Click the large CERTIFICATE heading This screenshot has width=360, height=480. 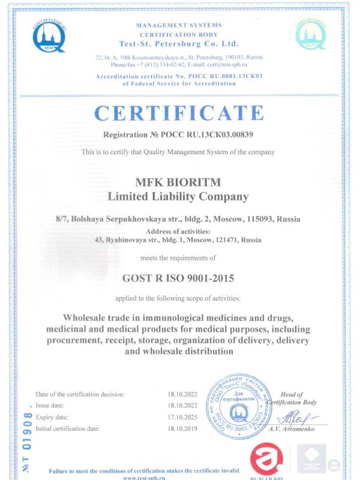[x=179, y=113]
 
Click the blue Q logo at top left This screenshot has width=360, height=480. [x=50, y=34]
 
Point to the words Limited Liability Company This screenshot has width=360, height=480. [x=178, y=196]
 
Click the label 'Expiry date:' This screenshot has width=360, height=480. [x=52, y=417]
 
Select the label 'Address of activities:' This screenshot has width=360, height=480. [x=178, y=231]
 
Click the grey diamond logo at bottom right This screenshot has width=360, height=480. [x=312, y=460]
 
